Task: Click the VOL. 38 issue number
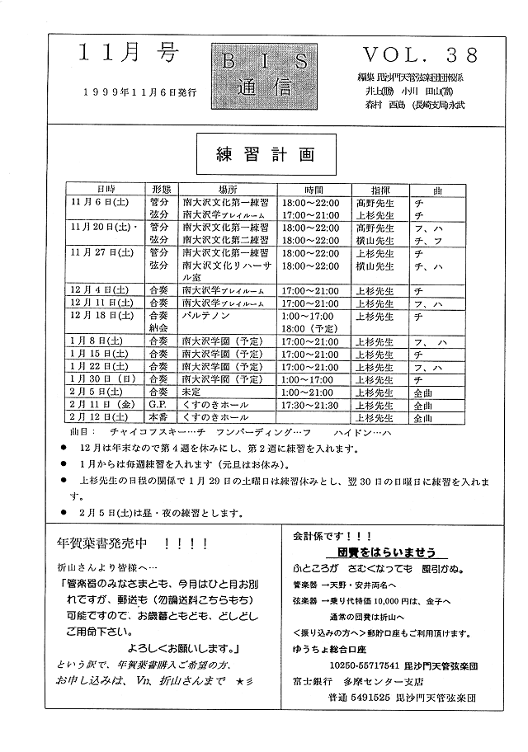point(420,55)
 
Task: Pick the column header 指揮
point(379,189)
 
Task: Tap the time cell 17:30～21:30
point(309,406)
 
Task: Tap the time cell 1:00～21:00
point(309,392)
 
